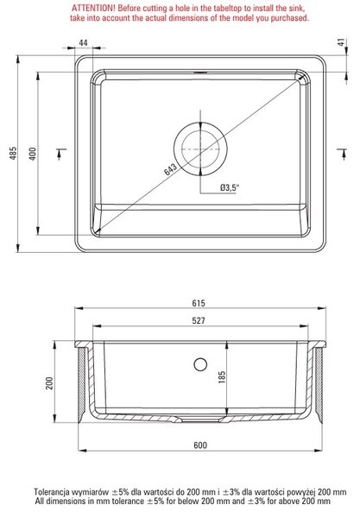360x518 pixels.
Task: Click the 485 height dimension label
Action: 13,154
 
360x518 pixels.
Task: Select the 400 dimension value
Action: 33,154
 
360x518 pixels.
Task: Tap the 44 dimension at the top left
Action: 83,42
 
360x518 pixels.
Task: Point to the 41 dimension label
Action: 342,42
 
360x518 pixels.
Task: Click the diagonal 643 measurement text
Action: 170,169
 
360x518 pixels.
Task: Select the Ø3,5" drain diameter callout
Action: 230,187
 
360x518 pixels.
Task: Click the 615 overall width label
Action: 199,303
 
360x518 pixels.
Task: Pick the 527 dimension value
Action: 199,320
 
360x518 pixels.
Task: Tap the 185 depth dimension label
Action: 222,377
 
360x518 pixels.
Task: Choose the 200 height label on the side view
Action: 49,383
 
